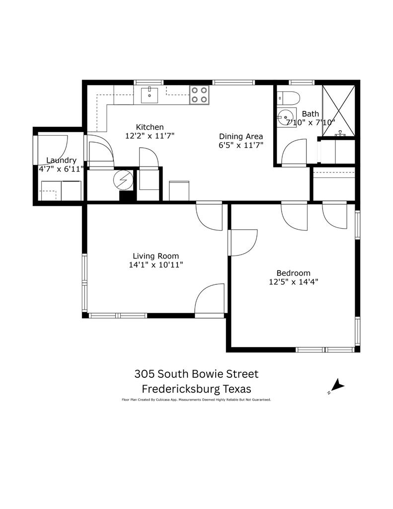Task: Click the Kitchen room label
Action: (150, 127)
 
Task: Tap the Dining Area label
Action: (241, 137)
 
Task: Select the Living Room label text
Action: (156, 256)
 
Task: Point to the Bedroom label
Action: (293, 273)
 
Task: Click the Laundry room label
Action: (61, 160)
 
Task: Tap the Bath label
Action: (310, 114)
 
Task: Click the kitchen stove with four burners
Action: (200, 95)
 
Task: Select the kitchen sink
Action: (150, 94)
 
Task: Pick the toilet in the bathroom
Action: (288, 97)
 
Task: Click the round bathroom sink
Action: (285, 118)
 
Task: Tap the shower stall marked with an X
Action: (338, 110)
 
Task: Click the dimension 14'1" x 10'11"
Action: (156, 265)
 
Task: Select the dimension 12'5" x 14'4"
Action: (293, 282)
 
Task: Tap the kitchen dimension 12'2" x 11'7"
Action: (150, 136)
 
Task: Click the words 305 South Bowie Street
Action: (196, 374)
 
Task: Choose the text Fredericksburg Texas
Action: (196, 388)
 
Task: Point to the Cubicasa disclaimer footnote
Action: (196, 399)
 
